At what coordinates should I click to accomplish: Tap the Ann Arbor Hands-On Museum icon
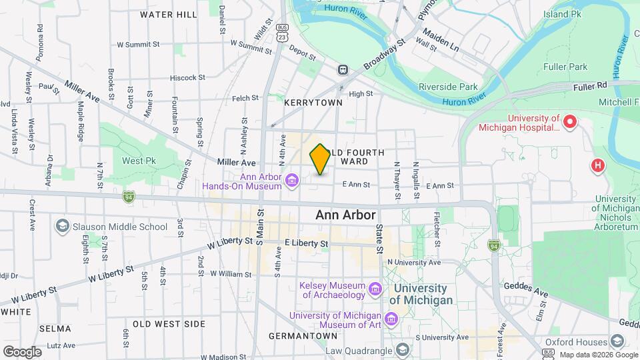point(291,181)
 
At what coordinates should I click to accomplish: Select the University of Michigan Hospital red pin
point(570,122)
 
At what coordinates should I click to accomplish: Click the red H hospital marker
point(598,165)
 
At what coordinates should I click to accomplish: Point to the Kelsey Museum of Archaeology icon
point(375,289)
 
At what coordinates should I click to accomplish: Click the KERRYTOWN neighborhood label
point(313,103)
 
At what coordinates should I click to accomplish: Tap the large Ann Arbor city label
point(345,215)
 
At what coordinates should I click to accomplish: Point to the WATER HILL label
point(168,14)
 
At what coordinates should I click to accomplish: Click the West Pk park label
point(139,161)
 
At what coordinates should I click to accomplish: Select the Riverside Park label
point(448,87)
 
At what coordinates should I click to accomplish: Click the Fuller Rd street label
point(593,85)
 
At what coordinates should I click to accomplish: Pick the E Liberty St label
point(307,244)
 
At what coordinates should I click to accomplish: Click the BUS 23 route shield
point(283,33)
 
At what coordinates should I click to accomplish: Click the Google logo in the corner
point(22,352)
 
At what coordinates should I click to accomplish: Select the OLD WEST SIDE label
point(169,324)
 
